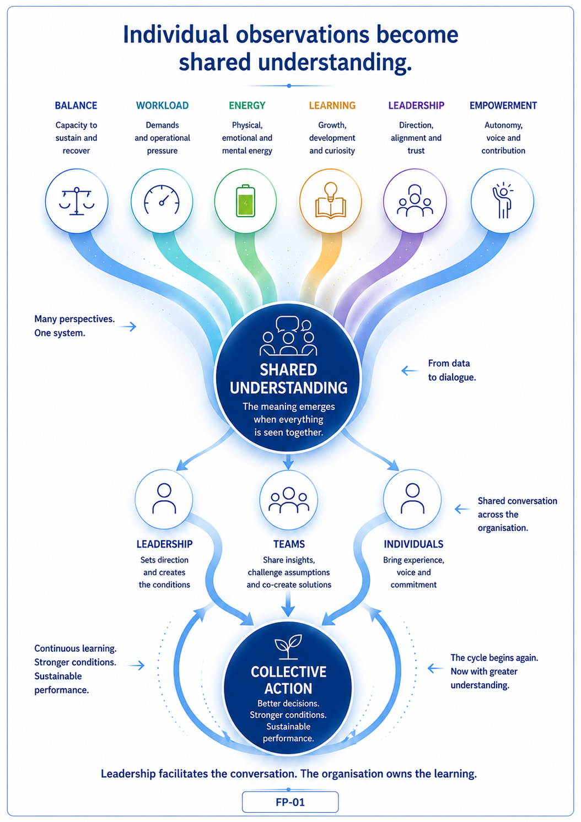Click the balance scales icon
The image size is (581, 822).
(x=77, y=201)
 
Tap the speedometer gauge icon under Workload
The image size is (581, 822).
(x=162, y=199)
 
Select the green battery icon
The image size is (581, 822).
(x=245, y=201)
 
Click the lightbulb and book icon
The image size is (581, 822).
(x=331, y=201)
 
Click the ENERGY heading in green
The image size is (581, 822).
(x=247, y=106)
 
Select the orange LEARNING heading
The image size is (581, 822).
(x=332, y=106)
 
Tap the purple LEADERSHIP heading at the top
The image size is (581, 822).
(x=417, y=106)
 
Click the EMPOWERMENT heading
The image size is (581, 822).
(x=503, y=106)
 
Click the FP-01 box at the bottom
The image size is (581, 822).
(x=290, y=802)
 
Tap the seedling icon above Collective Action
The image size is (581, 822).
(x=288, y=647)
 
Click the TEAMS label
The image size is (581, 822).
(x=289, y=544)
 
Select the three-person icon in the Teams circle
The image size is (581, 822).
(x=289, y=500)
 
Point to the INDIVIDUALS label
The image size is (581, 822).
(x=413, y=544)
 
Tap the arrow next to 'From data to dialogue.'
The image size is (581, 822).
(x=410, y=371)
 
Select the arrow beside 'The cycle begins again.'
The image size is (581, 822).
(x=436, y=668)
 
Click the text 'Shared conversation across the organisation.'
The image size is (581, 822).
(x=517, y=514)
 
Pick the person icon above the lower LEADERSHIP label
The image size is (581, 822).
(x=164, y=499)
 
